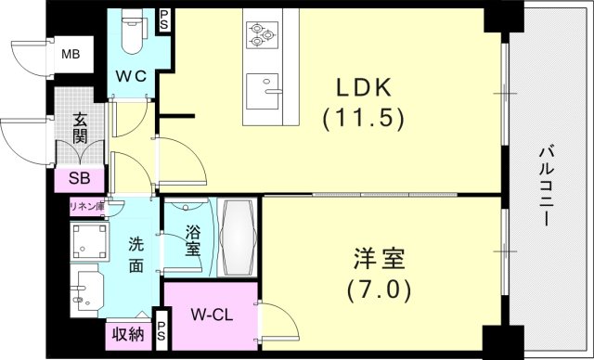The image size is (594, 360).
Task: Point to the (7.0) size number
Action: pyautogui.click(x=379, y=289)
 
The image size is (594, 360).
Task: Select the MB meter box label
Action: pyautogui.click(x=71, y=55)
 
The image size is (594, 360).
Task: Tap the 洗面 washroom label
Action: pyautogui.click(x=136, y=255)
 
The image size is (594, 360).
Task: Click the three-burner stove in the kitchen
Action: pyautogui.click(x=262, y=34)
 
